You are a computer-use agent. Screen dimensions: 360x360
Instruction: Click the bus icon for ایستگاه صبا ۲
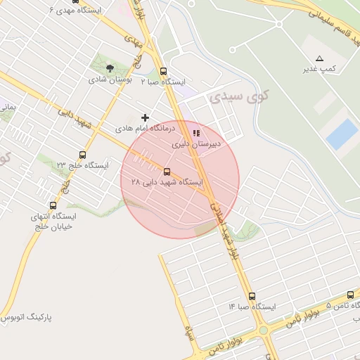click(x=164, y=71)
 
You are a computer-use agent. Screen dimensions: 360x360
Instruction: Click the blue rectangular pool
click(x=342, y=134)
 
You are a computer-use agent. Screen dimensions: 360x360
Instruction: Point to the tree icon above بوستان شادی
click(x=110, y=68)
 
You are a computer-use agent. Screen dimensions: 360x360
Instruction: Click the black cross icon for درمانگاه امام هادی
click(x=146, y=117)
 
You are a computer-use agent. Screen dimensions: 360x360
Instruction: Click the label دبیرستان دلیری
click(x=197, y=144)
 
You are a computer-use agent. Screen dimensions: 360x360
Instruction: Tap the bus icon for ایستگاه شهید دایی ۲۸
click(x=167, y=172)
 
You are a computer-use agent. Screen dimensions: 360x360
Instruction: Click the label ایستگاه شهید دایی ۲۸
click(x=167, y=182)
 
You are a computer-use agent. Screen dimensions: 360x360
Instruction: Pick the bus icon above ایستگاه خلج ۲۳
click(x=83, y=155)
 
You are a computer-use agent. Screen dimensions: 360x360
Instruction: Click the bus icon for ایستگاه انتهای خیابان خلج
click(x=53, y=206)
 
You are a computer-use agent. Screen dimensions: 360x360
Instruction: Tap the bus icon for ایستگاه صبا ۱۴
click(x=252, y=297)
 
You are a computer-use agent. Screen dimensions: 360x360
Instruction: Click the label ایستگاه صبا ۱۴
click(x=252, y=307)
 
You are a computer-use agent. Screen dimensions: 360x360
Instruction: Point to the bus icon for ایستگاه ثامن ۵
click(x=350, y=295)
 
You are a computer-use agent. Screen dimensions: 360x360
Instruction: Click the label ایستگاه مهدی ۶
click(x=76, y=11)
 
